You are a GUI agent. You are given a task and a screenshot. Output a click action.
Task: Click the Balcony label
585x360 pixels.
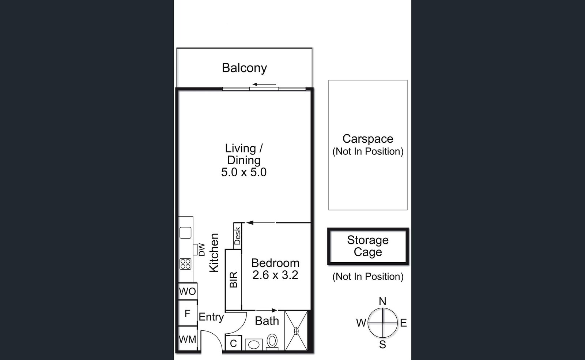coord(244,68)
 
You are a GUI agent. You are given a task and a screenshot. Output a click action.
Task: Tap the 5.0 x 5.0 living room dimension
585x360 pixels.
coord(244,172)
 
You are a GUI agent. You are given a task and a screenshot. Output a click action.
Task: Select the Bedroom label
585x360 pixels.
coord(275,263)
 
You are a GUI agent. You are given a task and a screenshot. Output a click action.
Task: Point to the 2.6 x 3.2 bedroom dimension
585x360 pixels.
coord(275,275)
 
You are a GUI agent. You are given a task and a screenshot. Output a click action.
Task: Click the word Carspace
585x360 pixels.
coord(368,139)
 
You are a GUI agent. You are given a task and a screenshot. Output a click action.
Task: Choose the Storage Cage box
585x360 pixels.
coord(368,246)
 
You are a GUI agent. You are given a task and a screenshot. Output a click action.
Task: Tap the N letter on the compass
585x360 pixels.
coord(382,301)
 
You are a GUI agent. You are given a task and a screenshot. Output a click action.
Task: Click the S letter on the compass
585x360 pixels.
coord(382,345)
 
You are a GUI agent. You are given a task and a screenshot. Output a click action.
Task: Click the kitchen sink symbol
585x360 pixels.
coord(185,233)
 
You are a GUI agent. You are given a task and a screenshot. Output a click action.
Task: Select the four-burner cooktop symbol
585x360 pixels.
coord(185,264)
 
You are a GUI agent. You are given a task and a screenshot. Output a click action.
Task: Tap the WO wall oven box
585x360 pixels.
coord(188,291)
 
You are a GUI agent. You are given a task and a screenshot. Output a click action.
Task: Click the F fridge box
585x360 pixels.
coord(188,313)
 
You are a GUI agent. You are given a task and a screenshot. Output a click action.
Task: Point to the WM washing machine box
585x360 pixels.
coord(188,339)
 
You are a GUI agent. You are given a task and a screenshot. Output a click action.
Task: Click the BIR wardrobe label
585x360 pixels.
coord(234,280)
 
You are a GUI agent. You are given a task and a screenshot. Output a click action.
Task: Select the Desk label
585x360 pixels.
coord(237,236)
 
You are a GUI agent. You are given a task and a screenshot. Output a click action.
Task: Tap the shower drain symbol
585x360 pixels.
coord(296,331)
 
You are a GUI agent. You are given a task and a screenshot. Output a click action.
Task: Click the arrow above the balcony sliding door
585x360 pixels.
coord(264,85)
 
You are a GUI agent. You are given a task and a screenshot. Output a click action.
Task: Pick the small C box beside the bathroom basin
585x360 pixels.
coord(234,343)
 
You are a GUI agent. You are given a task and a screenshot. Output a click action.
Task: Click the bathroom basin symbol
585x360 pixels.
coord(254,345)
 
